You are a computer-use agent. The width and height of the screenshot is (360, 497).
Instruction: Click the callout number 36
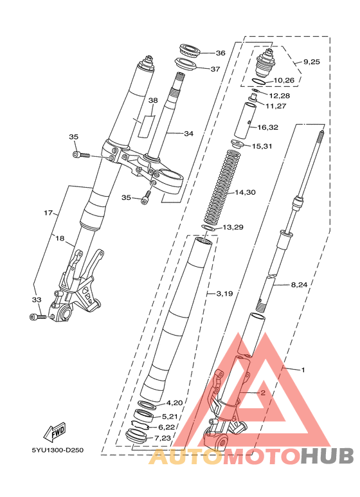point(221,53)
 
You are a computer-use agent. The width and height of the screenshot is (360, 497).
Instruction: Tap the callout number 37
point(215,69)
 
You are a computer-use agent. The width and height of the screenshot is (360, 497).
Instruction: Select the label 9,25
point(312,62)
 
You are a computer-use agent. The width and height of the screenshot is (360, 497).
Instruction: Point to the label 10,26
point(284,80)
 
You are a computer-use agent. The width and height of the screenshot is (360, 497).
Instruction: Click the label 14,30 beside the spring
point(245,192)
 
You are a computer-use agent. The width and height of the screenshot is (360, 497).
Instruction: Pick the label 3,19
point(225,294)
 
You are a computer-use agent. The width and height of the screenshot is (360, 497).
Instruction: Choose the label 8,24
point(299,285)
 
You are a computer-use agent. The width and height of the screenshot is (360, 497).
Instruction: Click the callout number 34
point(188,134)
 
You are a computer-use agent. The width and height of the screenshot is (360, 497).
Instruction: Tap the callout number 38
point(153,100)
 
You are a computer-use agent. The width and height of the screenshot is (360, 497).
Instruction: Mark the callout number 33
point(37,300)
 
